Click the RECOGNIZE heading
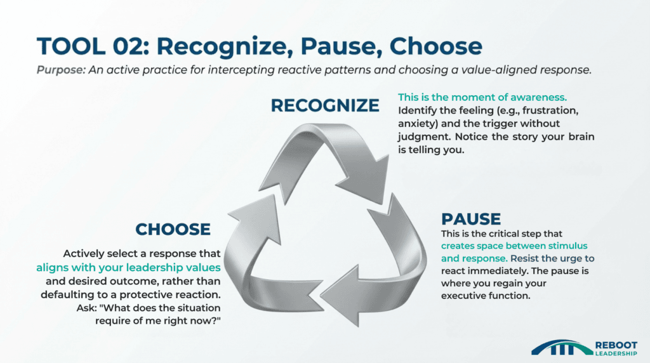[x=325, y=105]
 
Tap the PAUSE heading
[x=471, y=219]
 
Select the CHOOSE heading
[x=173, y=228]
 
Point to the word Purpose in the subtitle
[x=62, y=71]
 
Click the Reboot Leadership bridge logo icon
[x=560, y=347]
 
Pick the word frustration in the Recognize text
[x=547, y=112]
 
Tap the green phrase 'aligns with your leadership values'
[x=128, y=267]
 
